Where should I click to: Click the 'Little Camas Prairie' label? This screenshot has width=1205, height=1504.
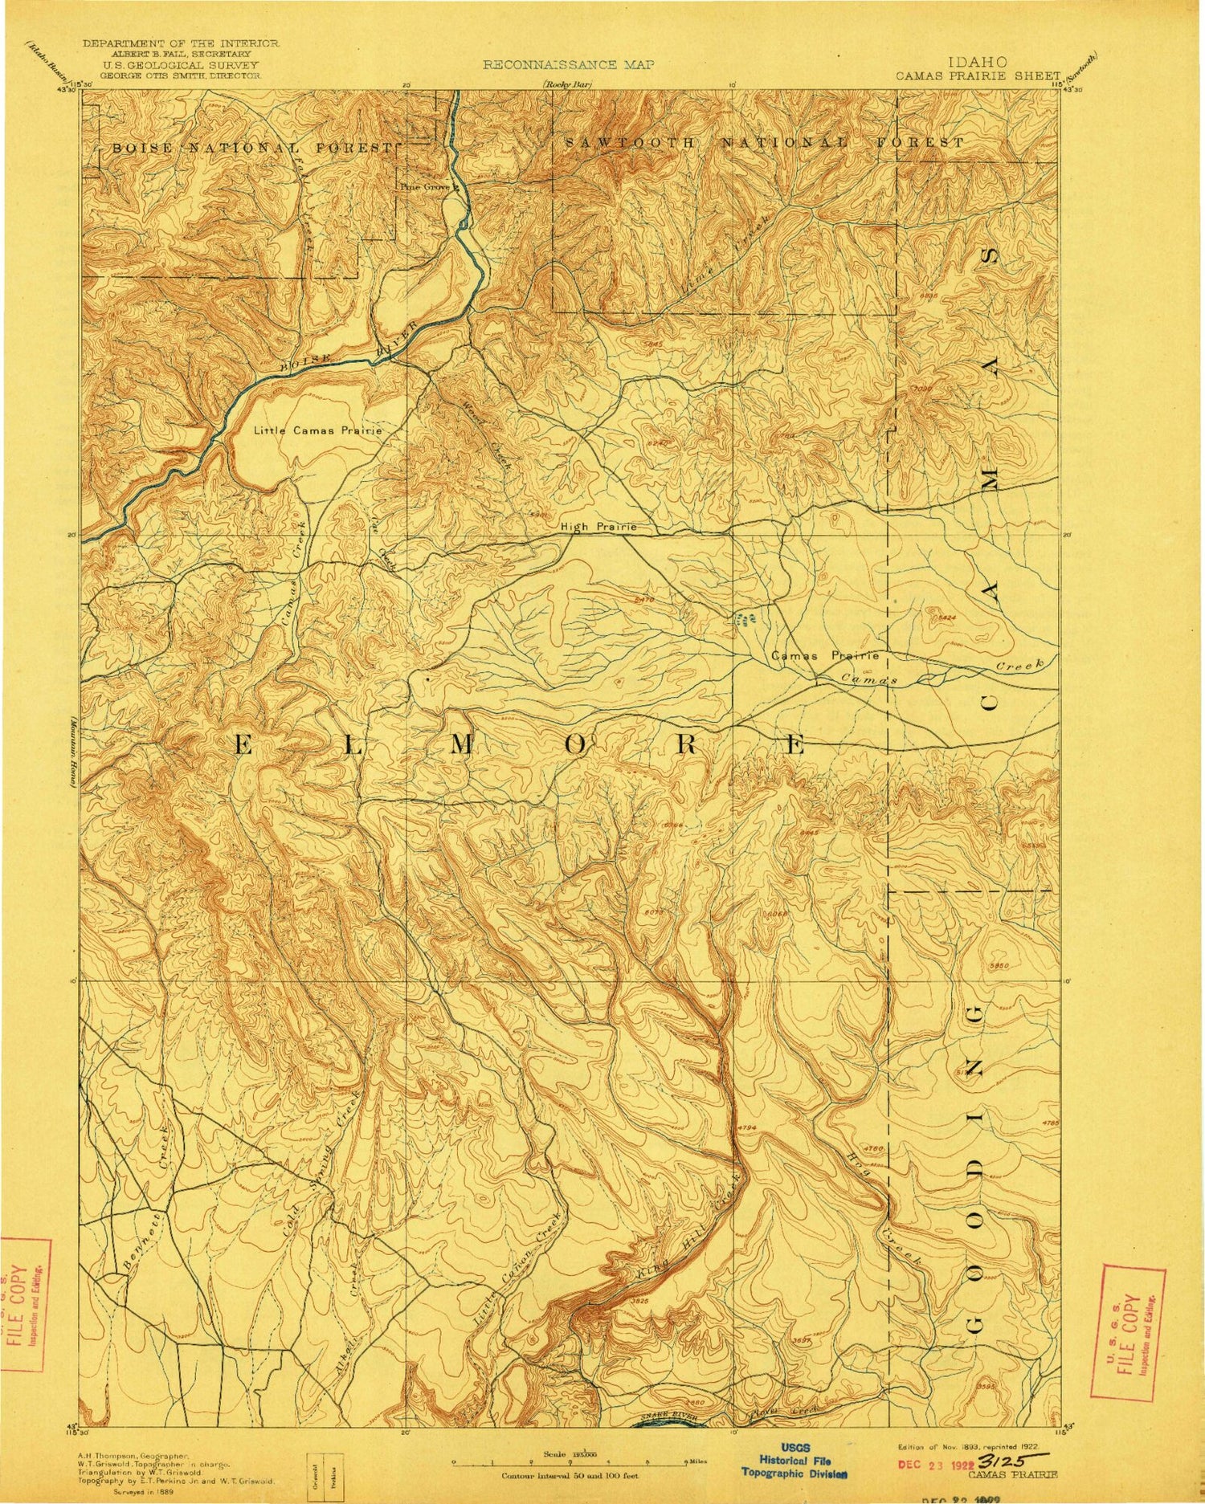(317, 431)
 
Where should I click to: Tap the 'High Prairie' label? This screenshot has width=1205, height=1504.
(598, 527)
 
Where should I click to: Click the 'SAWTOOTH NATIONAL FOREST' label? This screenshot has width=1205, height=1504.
(763, 142)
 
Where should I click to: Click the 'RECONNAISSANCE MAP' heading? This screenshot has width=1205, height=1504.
(568, 65)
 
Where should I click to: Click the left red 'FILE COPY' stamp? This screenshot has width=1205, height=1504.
(24, 1304)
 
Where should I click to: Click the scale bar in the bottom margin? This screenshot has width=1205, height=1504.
(578, 1462)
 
